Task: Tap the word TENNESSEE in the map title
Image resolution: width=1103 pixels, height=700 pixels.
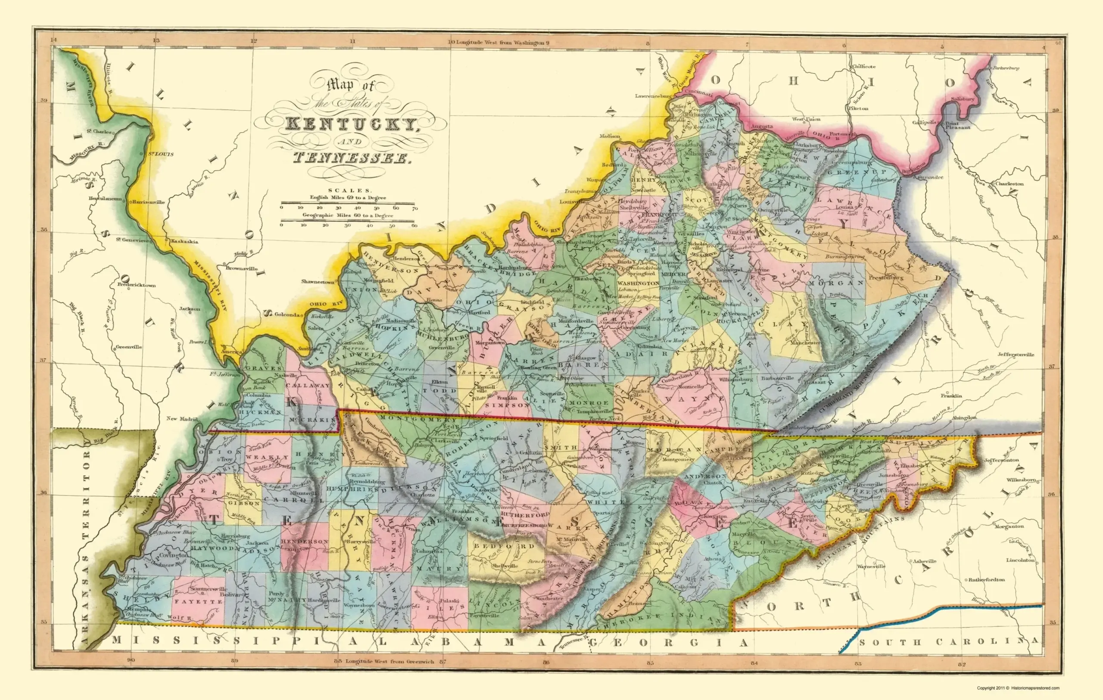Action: [x=350, y=158]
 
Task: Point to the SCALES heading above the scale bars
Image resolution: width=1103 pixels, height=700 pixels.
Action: [x=348, y=190]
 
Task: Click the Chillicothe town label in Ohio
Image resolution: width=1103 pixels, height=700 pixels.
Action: [x=863, y=66]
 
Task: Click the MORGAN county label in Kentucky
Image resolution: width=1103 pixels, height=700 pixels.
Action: [x=837, y=283]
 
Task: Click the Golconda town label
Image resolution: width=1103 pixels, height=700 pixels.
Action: [x=287, y=315]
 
